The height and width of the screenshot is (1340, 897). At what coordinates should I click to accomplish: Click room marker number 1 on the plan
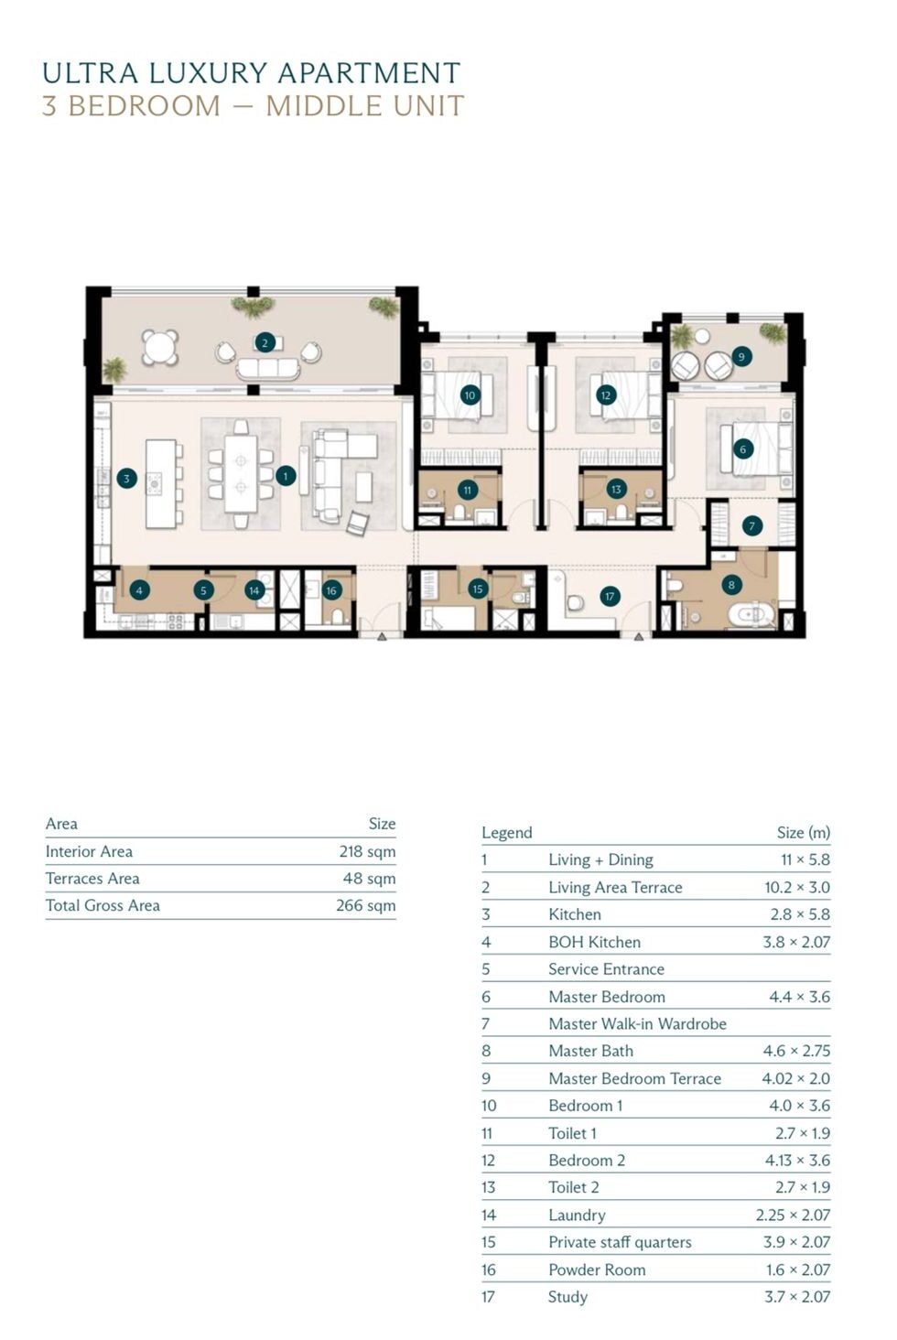[286, 476]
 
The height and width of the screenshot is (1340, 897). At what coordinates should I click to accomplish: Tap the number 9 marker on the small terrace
[741, 357]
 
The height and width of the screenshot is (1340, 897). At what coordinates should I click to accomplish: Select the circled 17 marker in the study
[610, 596]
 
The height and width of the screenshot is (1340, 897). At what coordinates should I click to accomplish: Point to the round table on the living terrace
[160, 347]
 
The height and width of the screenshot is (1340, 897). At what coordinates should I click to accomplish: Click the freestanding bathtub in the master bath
[751, 616]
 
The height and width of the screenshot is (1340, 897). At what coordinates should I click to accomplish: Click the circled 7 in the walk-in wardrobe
[752, 525]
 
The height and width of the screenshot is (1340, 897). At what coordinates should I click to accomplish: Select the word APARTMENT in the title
[369, 73]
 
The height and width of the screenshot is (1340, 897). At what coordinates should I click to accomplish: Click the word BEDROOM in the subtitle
[145, 106]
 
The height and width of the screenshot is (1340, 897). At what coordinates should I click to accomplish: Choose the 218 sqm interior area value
[367, 851]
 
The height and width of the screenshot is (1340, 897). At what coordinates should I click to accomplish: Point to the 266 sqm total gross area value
[365, 905]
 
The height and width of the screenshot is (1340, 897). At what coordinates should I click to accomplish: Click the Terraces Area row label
[92, 878]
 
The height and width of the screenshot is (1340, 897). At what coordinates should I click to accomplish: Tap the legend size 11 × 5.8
[805, 859]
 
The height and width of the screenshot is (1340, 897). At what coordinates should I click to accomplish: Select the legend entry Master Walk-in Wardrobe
[637, 1023]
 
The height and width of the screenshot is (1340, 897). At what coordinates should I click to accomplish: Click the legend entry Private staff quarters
[620, 1242]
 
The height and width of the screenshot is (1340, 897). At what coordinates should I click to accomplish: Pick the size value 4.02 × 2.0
[796, 1078]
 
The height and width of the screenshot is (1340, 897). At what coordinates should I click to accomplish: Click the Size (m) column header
[803, 832]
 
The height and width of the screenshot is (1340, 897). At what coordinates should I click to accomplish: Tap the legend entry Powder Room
[597, 1270]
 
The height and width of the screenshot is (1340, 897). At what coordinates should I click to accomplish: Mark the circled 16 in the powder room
[331, 590]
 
